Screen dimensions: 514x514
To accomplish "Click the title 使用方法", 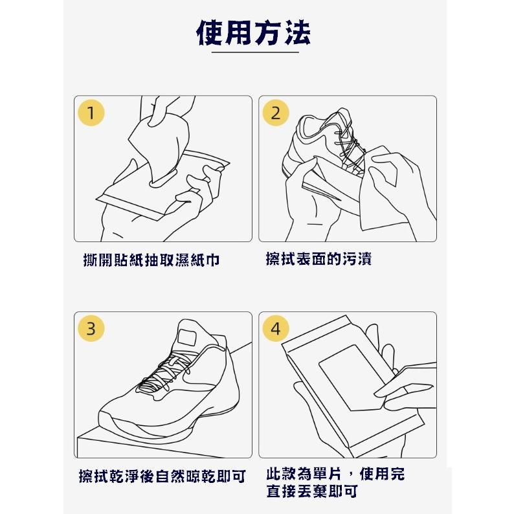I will click(254, 32).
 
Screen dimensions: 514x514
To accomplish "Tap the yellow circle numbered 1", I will click(91, 113).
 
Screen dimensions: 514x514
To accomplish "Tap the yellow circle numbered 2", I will click(276, 113).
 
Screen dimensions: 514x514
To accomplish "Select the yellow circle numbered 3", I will click(91, 328).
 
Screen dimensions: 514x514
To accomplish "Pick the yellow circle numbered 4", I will click(276, 328).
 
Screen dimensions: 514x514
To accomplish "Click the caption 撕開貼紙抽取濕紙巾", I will click(151, 260).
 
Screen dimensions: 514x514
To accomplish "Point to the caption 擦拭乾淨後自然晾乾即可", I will click(162, 477).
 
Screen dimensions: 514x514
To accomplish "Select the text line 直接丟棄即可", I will click(312, 491).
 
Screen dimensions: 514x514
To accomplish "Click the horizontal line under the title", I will click(254, 52).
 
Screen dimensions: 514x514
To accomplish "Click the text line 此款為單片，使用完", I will click(335, 474).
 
